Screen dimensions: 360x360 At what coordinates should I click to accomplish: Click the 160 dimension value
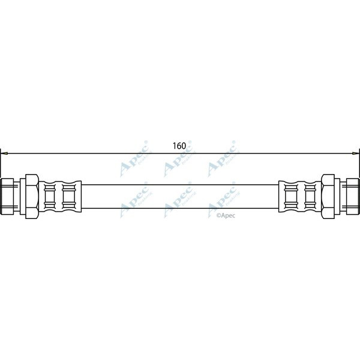pyautogui.click(x=179, y=146)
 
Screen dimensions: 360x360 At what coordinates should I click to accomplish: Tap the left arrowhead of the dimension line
pyautogui.click(x=4, y=154)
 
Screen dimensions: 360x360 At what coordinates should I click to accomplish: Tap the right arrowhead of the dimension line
pyautogui.click(x=356, y=154)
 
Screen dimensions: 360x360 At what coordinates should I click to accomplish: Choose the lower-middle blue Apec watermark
pyautogui.click(x=178, y=201)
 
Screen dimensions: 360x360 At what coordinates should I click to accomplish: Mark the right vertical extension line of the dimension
pyautogui.click(x=359, y=165)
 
